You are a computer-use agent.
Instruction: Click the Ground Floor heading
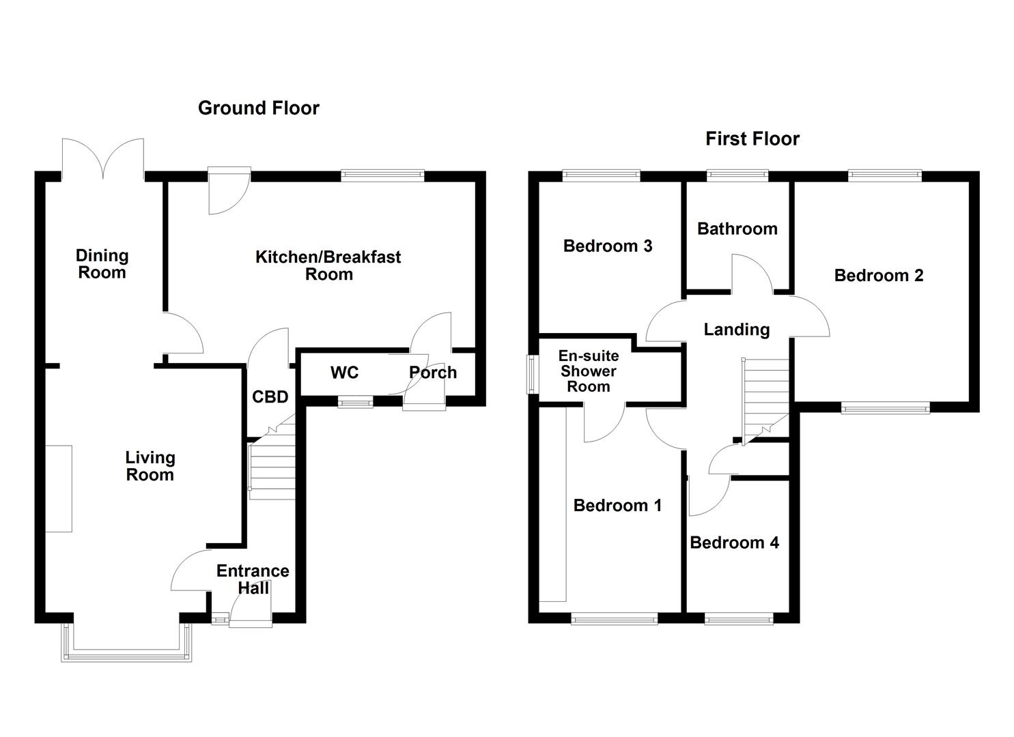point(258,108)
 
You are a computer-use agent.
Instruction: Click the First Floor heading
point(752,139)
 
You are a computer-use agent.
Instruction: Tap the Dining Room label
point(101,264)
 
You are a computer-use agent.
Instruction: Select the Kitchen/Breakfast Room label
point(328,265)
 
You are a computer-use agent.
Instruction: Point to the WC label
point(344,373)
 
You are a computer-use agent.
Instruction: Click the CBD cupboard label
point(270,396)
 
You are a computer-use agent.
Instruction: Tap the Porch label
point(433,373)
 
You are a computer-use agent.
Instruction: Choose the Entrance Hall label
point(253,579)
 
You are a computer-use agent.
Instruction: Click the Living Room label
point(150,466)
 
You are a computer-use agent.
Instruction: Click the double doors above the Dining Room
point(102,158)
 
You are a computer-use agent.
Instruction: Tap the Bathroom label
point(737,229)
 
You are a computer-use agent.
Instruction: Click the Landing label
point(736,330)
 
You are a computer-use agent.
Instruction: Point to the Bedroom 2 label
point(878,276)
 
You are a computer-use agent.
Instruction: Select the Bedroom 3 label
point(607,246)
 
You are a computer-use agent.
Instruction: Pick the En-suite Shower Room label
point(588,371)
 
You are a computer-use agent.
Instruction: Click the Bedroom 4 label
point(734,543)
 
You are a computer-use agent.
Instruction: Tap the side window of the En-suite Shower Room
point(531,374)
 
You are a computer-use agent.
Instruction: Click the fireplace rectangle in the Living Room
point(59,489)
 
